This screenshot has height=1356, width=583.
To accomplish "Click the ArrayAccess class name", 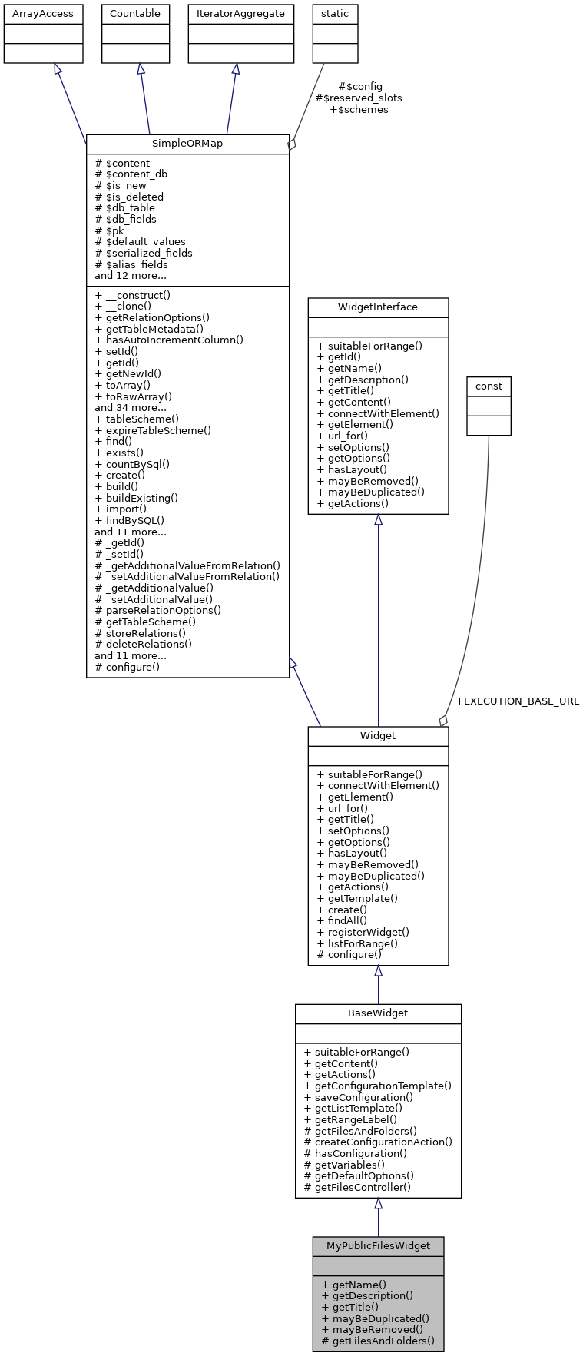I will pos(43,14).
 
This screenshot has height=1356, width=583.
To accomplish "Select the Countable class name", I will pos(135,14).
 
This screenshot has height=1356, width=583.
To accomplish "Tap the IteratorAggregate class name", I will pos(241,14).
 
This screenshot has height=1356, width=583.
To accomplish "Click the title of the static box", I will pos(335,14).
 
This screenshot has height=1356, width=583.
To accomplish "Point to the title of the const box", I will pos(489,386).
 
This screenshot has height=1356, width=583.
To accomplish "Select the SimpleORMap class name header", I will pos(187,144).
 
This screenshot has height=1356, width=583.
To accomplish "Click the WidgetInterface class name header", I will pos(378,307).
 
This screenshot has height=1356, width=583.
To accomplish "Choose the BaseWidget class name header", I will pos(378,1013).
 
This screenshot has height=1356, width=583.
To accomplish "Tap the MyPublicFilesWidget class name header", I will pos(378,1246).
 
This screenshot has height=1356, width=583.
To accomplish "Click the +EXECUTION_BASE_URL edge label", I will pos(517,701).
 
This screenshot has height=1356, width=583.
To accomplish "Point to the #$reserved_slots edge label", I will pos(359,98).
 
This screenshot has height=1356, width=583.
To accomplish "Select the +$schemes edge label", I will pos(359,110).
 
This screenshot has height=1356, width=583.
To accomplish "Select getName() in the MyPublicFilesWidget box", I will pos(354,1285).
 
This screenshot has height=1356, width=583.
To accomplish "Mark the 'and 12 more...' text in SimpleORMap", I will pos(131,275).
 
